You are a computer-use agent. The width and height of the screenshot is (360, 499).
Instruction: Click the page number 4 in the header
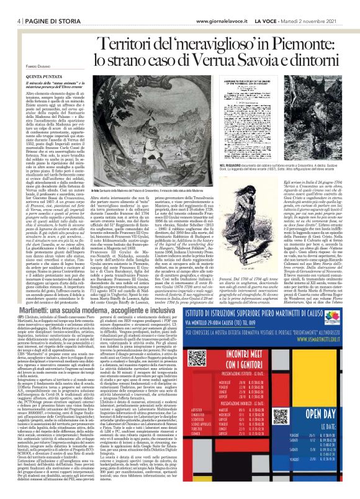(x=12, y=6)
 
